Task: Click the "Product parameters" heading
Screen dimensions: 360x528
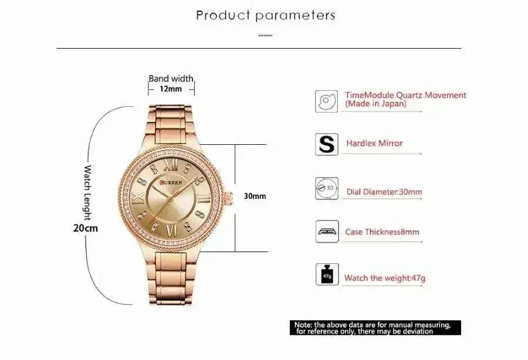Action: pos(266,15)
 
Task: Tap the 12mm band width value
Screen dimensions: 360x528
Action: pos(170,89)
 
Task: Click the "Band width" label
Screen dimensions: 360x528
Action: pos(171,78)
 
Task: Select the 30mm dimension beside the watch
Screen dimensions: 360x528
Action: pos(255,196)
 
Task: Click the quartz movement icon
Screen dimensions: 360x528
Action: pos(326,100)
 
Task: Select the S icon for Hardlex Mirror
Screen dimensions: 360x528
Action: pos(326,144)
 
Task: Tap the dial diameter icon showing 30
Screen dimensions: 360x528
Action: pos(326,188)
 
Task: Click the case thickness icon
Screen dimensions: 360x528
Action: pos(326,232)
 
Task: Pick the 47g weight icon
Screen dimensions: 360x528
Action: pos(326,274)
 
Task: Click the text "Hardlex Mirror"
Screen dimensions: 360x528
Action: pos(374,143)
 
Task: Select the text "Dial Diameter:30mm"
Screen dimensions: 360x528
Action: pos(384,192)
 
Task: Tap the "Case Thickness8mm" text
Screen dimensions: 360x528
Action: pos(382,232)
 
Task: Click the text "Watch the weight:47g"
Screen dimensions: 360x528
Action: pos(384,278)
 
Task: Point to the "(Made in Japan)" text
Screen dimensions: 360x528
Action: pos(375,104)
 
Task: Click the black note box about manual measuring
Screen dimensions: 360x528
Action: pos(375,328)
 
